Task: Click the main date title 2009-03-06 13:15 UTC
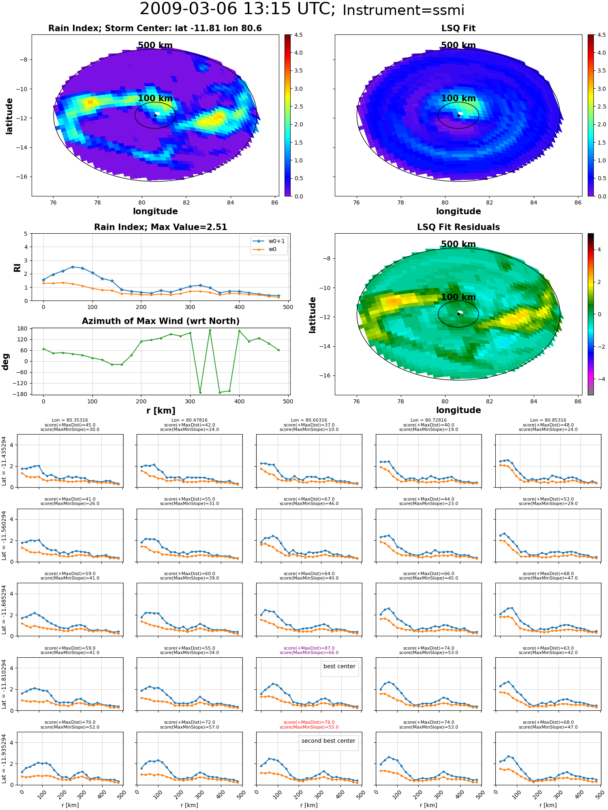pyautogui.click(x=237, y=9)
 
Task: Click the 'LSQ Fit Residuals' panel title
pyautogui.click(x=458, y=227)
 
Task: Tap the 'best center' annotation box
pyautogui.click(x=339, y=666)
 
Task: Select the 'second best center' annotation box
pyautogui.click(x=328, y=741)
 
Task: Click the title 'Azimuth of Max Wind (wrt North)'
pyautogui.click(x=161, y=321)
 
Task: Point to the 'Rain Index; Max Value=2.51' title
pyautogui.click(x=161, y=227)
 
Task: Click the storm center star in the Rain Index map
pyautogui.click(x=155, y=115)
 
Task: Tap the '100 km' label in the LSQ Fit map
pyautogui.click(x=458, y=98)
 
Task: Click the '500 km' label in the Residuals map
pyautogui.click(x=458, y=244)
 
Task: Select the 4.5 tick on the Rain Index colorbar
pyautogui.click(x=298, y=35)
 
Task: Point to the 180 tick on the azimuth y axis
pyautogui.click(x=22, y=328)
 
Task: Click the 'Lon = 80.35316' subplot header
pyautogui.click(x=70, y=420)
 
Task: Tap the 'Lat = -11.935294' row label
pyautogui.click(x=4, y=758)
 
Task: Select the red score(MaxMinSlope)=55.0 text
pyautogui.click(x=309, y=727)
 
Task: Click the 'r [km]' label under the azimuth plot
pyautogui.click(x=161, y=411)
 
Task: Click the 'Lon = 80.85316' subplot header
pyautogui.click(x=548, y=420)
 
